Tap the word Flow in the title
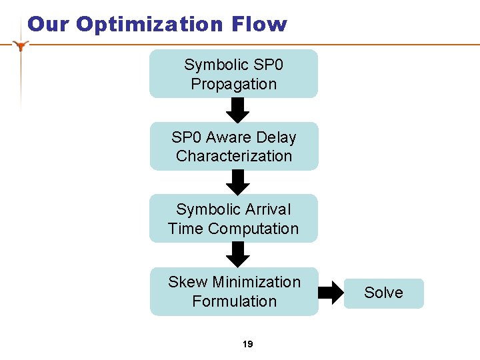coord(259,25)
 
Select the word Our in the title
coord(49,25)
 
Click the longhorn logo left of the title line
coord(22,45)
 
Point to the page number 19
coord(248,344)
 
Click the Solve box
coord(383,293)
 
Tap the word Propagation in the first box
coord(233,84)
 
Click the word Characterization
coord(234,156)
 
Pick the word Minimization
coord(256,282)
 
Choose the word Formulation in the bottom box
coord(234,301)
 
